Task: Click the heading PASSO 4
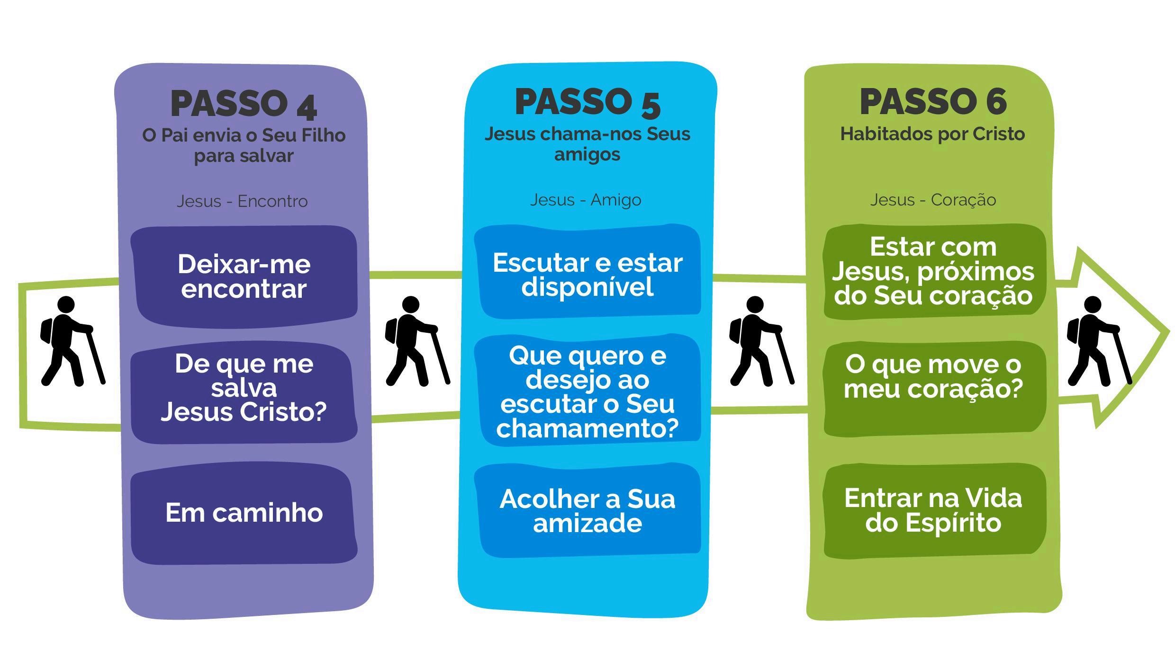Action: click(244, 104)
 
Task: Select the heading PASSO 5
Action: click(587, 102)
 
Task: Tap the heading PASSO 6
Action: click(933, 102)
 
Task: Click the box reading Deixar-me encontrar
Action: click(244, 277)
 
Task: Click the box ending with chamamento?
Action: click(587, 392)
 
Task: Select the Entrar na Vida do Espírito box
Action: click(933, 510)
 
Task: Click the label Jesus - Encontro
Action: click(242, 201)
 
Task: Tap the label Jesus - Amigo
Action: click(586, 200)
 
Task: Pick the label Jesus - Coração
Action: click(933, 200)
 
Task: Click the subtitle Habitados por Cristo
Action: click(932, 134)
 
